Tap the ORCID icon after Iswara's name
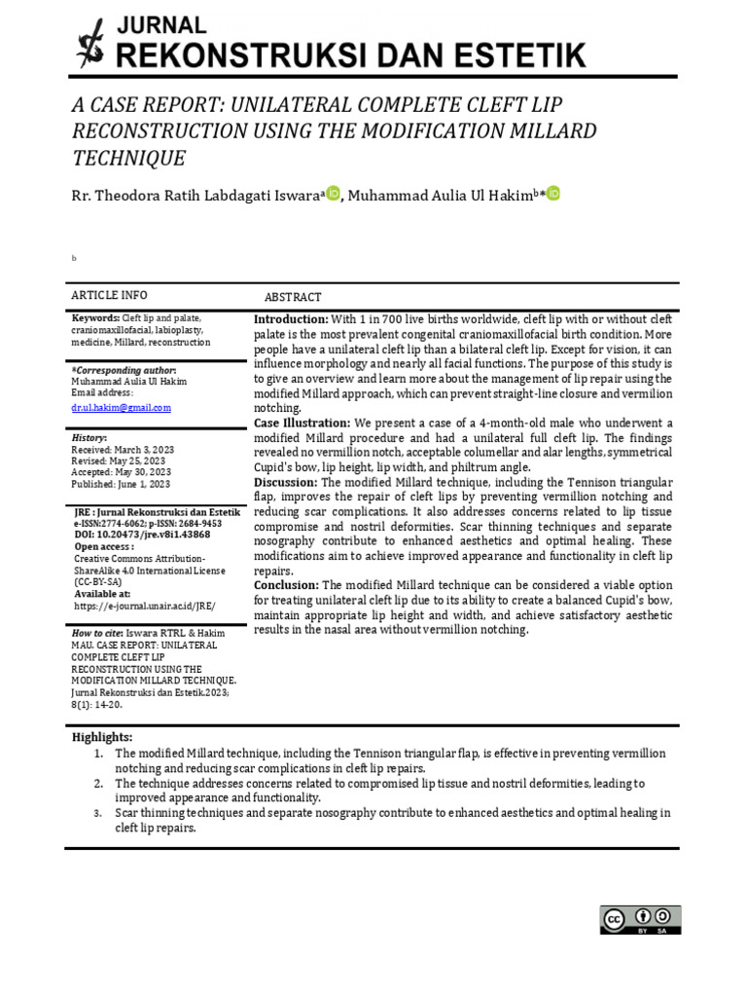333,194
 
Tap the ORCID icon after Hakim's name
553,194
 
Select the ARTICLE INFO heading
109,295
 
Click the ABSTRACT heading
293,297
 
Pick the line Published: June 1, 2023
120,483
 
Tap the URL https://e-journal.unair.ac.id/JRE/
145,605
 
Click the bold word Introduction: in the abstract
291,319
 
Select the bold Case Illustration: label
302,423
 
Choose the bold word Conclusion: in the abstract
287,584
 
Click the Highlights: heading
102,737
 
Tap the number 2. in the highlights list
99,783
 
